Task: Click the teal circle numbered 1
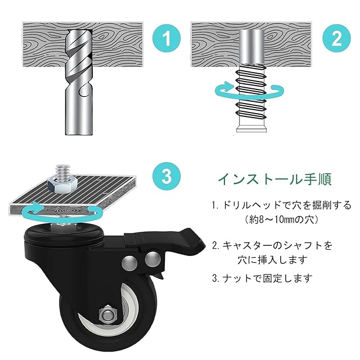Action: coord(166,38)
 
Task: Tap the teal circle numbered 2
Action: coord(336,38)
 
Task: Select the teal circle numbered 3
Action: coord(166,176)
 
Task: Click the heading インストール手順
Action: coord(274,179)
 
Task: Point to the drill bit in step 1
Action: coord(79,82)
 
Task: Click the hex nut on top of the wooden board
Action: coord(62,183)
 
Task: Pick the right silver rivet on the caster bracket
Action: coord(152,259)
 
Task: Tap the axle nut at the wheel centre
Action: coord(108,314)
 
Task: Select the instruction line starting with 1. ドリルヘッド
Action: coord(281,205)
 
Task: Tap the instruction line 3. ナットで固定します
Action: coord(262,278)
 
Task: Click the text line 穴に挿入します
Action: coord(272,260)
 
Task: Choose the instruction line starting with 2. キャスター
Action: coord(272,245)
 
